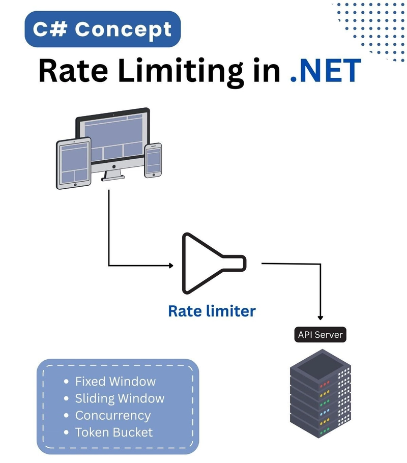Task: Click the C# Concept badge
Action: click(x=102, y=29)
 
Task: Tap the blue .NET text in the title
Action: click(x=326, y=71)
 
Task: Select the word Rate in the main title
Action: click(x=73, y=71)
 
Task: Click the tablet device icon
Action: click(x=74, y=163)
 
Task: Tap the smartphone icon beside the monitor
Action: click(x=153, y=161)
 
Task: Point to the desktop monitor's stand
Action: click(x=113, y=174)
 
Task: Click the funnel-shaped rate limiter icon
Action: click(x=214, y=264)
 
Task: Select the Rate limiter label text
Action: click(x=212, y=311)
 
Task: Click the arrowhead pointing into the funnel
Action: click(x=171, y=266)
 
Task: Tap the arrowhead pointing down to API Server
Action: click(x=320, y=317)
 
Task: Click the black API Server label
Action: click(x=320, y=335)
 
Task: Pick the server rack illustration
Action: click(x=320, y=394)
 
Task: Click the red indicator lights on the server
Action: click(x=324, y=384)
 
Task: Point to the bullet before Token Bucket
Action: click(x=66, y=432)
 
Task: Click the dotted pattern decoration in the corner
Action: click(x=371, y=31)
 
